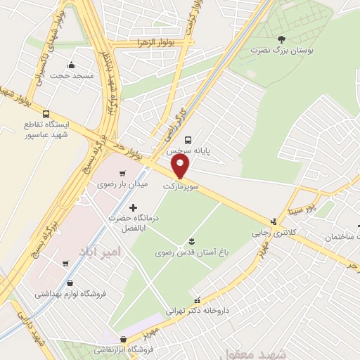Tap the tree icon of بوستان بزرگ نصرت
coord(282,39)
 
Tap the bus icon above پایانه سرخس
coord(188,139)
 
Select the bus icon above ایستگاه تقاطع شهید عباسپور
coord(46,114)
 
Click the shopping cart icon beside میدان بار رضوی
coord(123,173)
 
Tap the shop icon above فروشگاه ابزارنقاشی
coord(124,339)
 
